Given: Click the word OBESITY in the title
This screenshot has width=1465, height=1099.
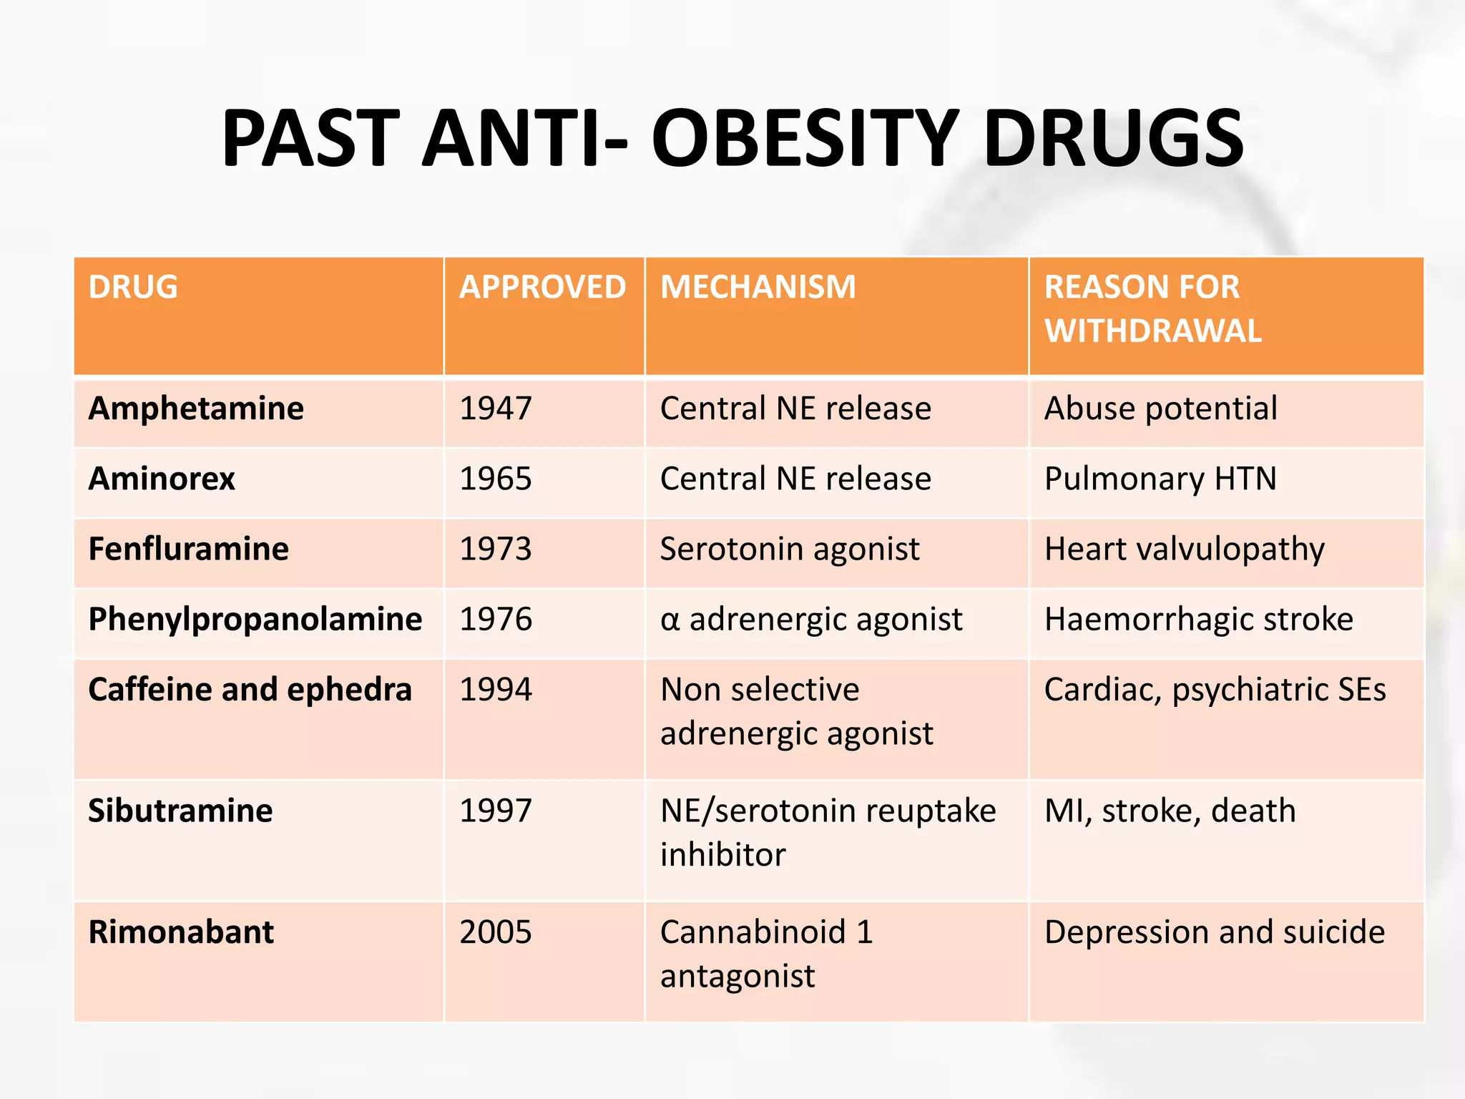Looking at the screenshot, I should click(804, 138).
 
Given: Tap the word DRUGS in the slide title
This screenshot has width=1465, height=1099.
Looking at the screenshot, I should click(1114, 138).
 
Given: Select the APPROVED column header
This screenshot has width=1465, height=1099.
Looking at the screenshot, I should click(542, 288).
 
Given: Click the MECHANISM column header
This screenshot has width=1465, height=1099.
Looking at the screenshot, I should click(758, 288).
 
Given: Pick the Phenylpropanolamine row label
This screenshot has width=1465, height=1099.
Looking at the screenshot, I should click(255, 620).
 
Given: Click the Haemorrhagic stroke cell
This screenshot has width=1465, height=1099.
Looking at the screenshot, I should click(1198, 620).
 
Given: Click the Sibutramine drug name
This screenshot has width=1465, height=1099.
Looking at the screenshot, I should click(180, 811).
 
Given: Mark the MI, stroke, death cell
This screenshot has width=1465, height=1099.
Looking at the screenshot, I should click(1170, 811).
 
